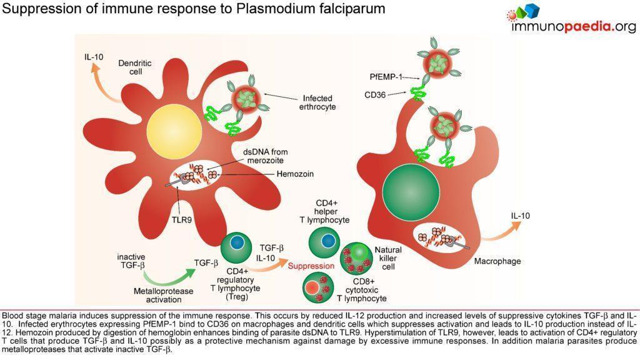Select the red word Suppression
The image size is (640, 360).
tap(311, 266)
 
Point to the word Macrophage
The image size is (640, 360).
tap(497, 261)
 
